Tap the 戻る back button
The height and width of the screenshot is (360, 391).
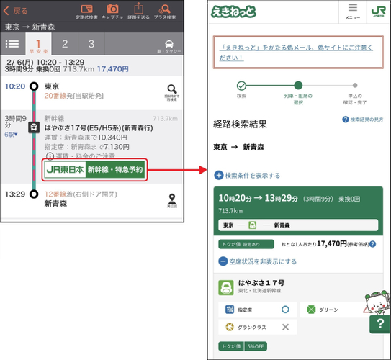tap(17, 12)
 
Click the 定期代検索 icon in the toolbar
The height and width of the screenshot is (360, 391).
tap(86, 10)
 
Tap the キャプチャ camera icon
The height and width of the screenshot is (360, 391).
tap(112, 10)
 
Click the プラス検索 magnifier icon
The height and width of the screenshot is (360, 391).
tap(166, 10)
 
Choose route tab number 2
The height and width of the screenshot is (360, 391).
tap(64, 43)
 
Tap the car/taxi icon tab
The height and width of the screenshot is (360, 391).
tap(169, 43)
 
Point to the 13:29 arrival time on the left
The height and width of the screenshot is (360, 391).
tap(15, 194)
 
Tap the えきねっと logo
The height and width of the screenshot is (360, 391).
tap(230, 12)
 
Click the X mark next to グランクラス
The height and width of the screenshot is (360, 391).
tap(285, 327)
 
